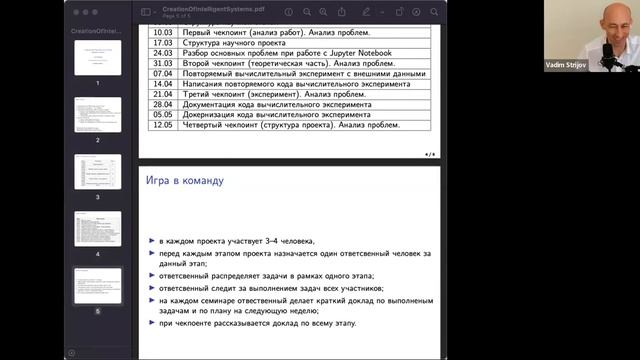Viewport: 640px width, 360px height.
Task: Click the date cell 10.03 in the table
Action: [162, 33]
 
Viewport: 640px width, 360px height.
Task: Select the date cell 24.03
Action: [162, 53]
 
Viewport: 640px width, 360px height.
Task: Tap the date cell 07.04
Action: [162, 73]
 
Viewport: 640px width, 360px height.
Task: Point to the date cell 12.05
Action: [162, 125]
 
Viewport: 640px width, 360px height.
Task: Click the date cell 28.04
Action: [162, 104]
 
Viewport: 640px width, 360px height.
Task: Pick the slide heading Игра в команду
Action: [187, 181]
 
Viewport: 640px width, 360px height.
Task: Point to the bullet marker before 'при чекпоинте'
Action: [149, 324]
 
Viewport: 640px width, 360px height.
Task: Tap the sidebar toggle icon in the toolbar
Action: [145, 12]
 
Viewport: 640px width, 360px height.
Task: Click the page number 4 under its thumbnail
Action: [98, 255]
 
